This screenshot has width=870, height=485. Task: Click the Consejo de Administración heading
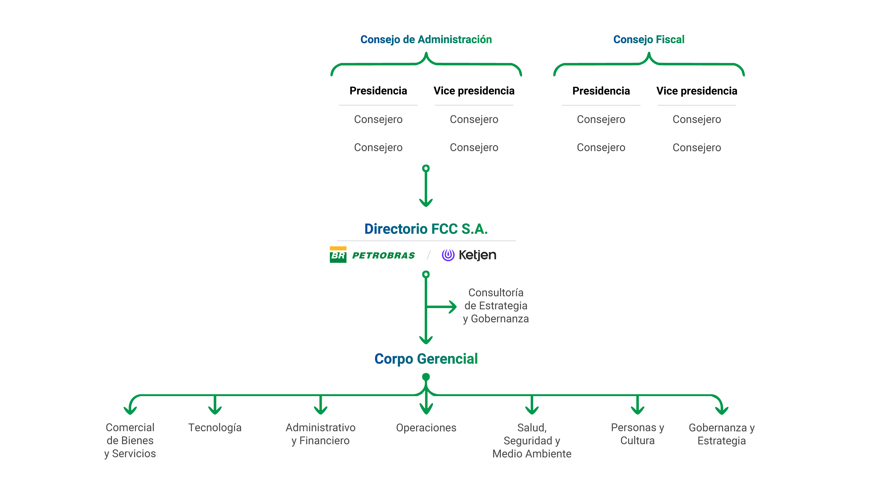coord(426,40)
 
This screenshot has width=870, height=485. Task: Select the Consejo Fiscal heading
coord(648,40)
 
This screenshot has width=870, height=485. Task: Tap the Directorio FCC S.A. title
coord(426,229)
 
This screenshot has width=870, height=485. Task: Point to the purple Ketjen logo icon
coord(448,255)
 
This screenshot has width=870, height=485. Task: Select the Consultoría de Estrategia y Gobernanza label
coord(495,306)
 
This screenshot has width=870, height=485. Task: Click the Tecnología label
coord(215,428)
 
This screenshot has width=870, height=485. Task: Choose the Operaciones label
coord(426,428)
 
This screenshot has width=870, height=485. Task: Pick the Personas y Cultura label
coord(637,434)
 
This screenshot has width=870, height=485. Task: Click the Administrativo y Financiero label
coord(320,434)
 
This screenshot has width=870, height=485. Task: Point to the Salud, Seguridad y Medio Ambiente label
coord(532,440)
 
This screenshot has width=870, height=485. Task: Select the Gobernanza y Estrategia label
coord(721,434)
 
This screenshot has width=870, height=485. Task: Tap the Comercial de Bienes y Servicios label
coord(130,440)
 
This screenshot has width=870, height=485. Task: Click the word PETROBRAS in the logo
coord(383,256)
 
